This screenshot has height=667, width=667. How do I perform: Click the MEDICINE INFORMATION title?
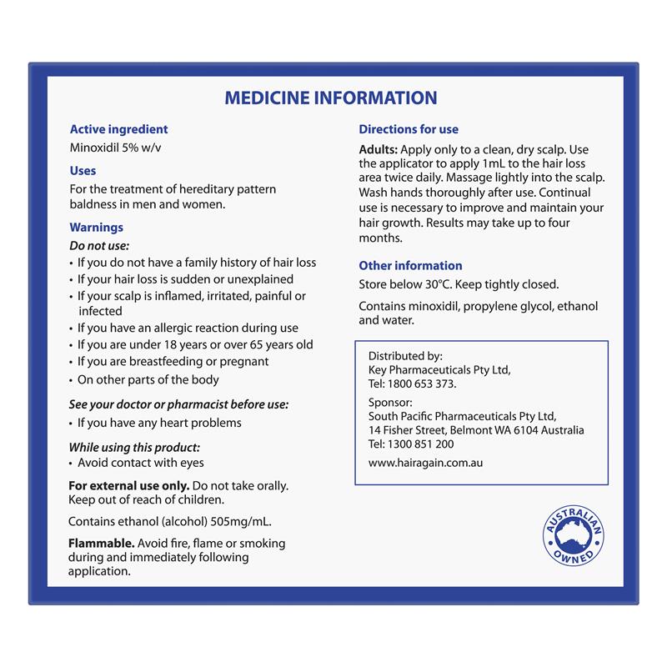(x=331, y=98)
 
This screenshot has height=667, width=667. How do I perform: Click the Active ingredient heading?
(x=118, y=129)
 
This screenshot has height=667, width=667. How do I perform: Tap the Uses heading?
(x=83, y=170)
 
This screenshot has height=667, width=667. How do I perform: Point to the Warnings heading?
(x=96, y=227)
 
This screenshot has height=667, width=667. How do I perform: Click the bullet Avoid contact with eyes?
(x=141, y=463)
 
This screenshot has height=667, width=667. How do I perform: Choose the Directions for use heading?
(x=409, y=129)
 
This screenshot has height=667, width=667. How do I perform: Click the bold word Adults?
(x=378, y=148)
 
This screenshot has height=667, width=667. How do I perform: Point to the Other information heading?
(x=410, y=265)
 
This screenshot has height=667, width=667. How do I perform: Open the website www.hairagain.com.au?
(x=425, y=464)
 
